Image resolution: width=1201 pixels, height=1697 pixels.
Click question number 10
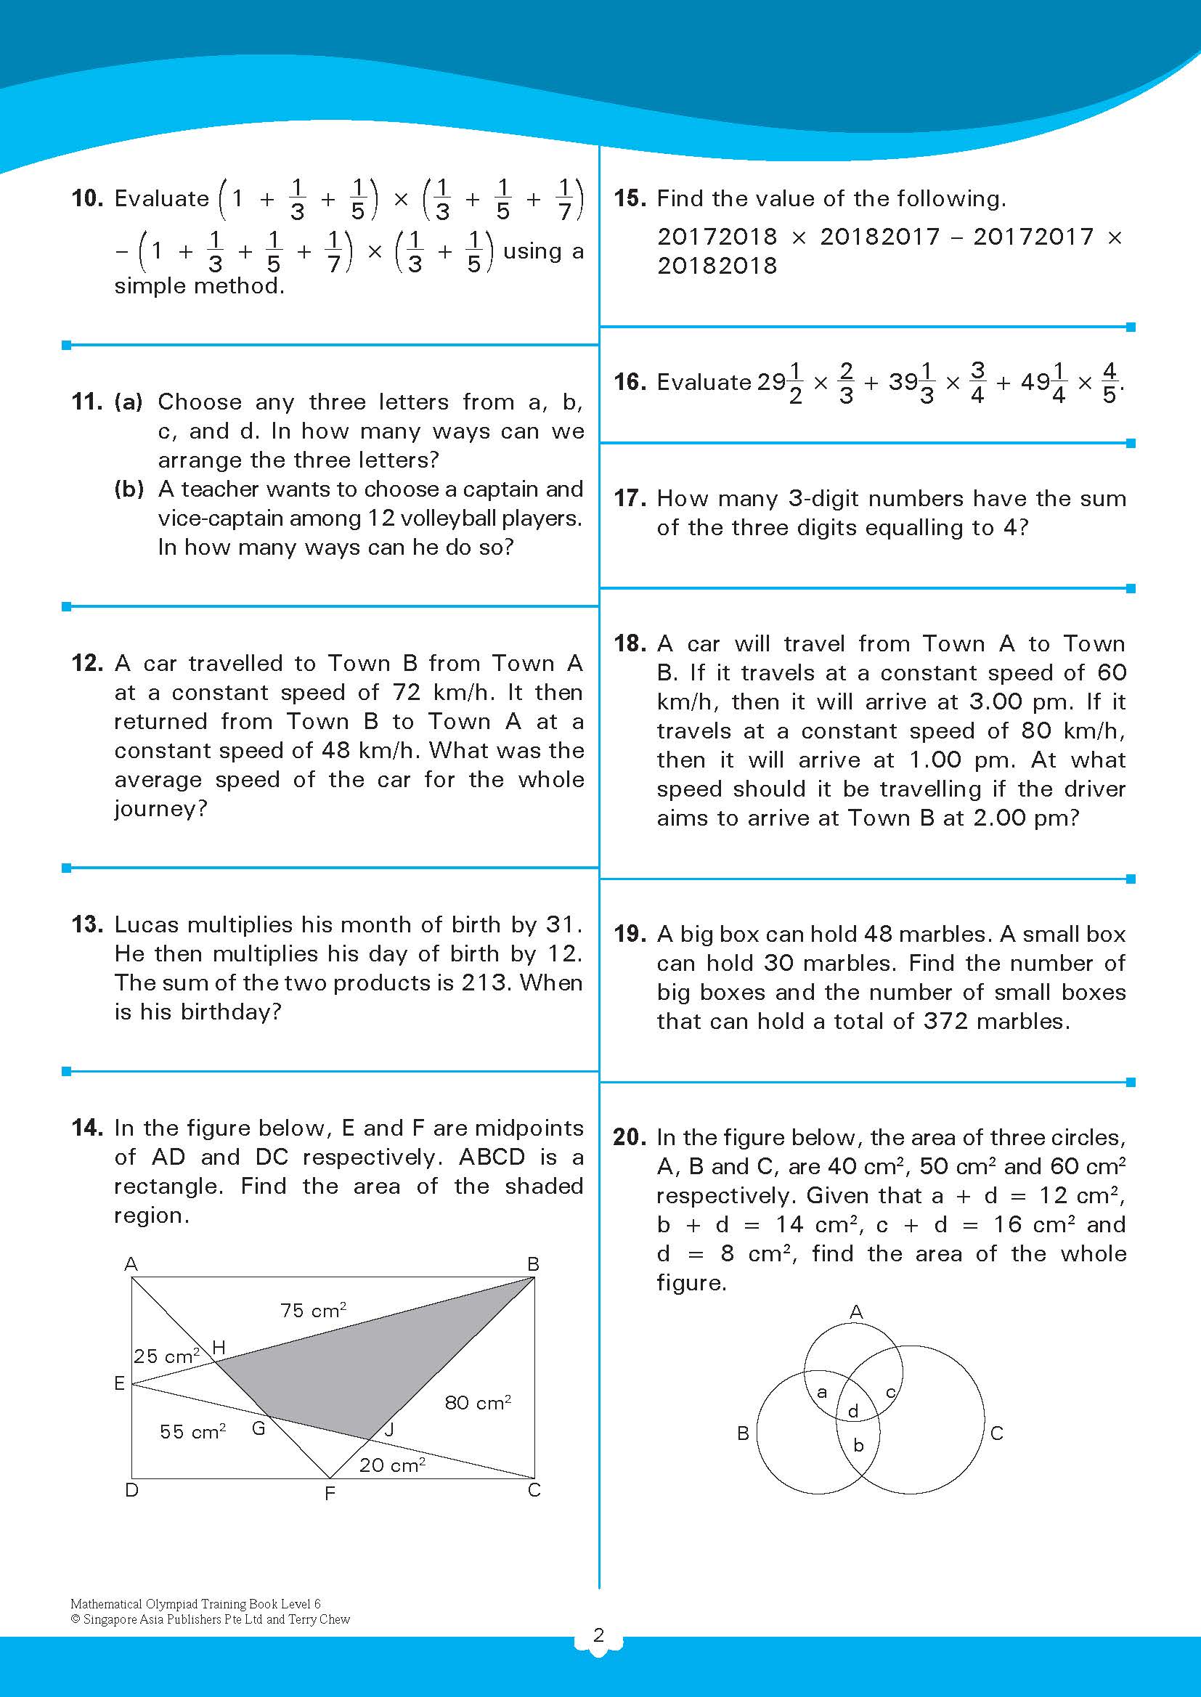pyautogui.click(x=87, y=198)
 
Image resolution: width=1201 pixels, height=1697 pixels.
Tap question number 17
pyautogui.click(x=630, y=498)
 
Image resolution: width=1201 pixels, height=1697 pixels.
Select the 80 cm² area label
pyautogui.click(x=478, y=1402)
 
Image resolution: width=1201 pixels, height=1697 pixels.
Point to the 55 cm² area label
pyautogui.click(x=192, y=1431)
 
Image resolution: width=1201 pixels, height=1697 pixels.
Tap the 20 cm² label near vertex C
pyautogui.click(x=392, y=1465)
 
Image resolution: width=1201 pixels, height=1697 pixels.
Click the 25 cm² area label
pyautogui.click(x=166, y=1356)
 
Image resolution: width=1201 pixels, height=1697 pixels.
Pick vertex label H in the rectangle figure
pyautogui.click(x=219, y=1347)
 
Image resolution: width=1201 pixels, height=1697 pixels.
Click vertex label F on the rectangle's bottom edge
pyautogui.click(x=330, y=1494)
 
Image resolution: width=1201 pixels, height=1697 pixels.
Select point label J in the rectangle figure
pyautogui.click(x=390, y=1429)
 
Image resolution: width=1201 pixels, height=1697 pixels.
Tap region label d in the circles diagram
pyautogui.click(x=853, y=1411)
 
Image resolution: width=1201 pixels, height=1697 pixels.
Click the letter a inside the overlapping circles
pyautogui.click(x=822, y=1392)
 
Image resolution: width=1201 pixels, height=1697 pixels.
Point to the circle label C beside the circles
pyautogui.click(x=996, y=1433)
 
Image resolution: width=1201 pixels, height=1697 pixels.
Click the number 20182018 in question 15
pyautogui.click(x=717, y=266)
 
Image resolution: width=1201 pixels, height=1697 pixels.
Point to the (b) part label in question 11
pyautogui.click(x=129, y=489)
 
